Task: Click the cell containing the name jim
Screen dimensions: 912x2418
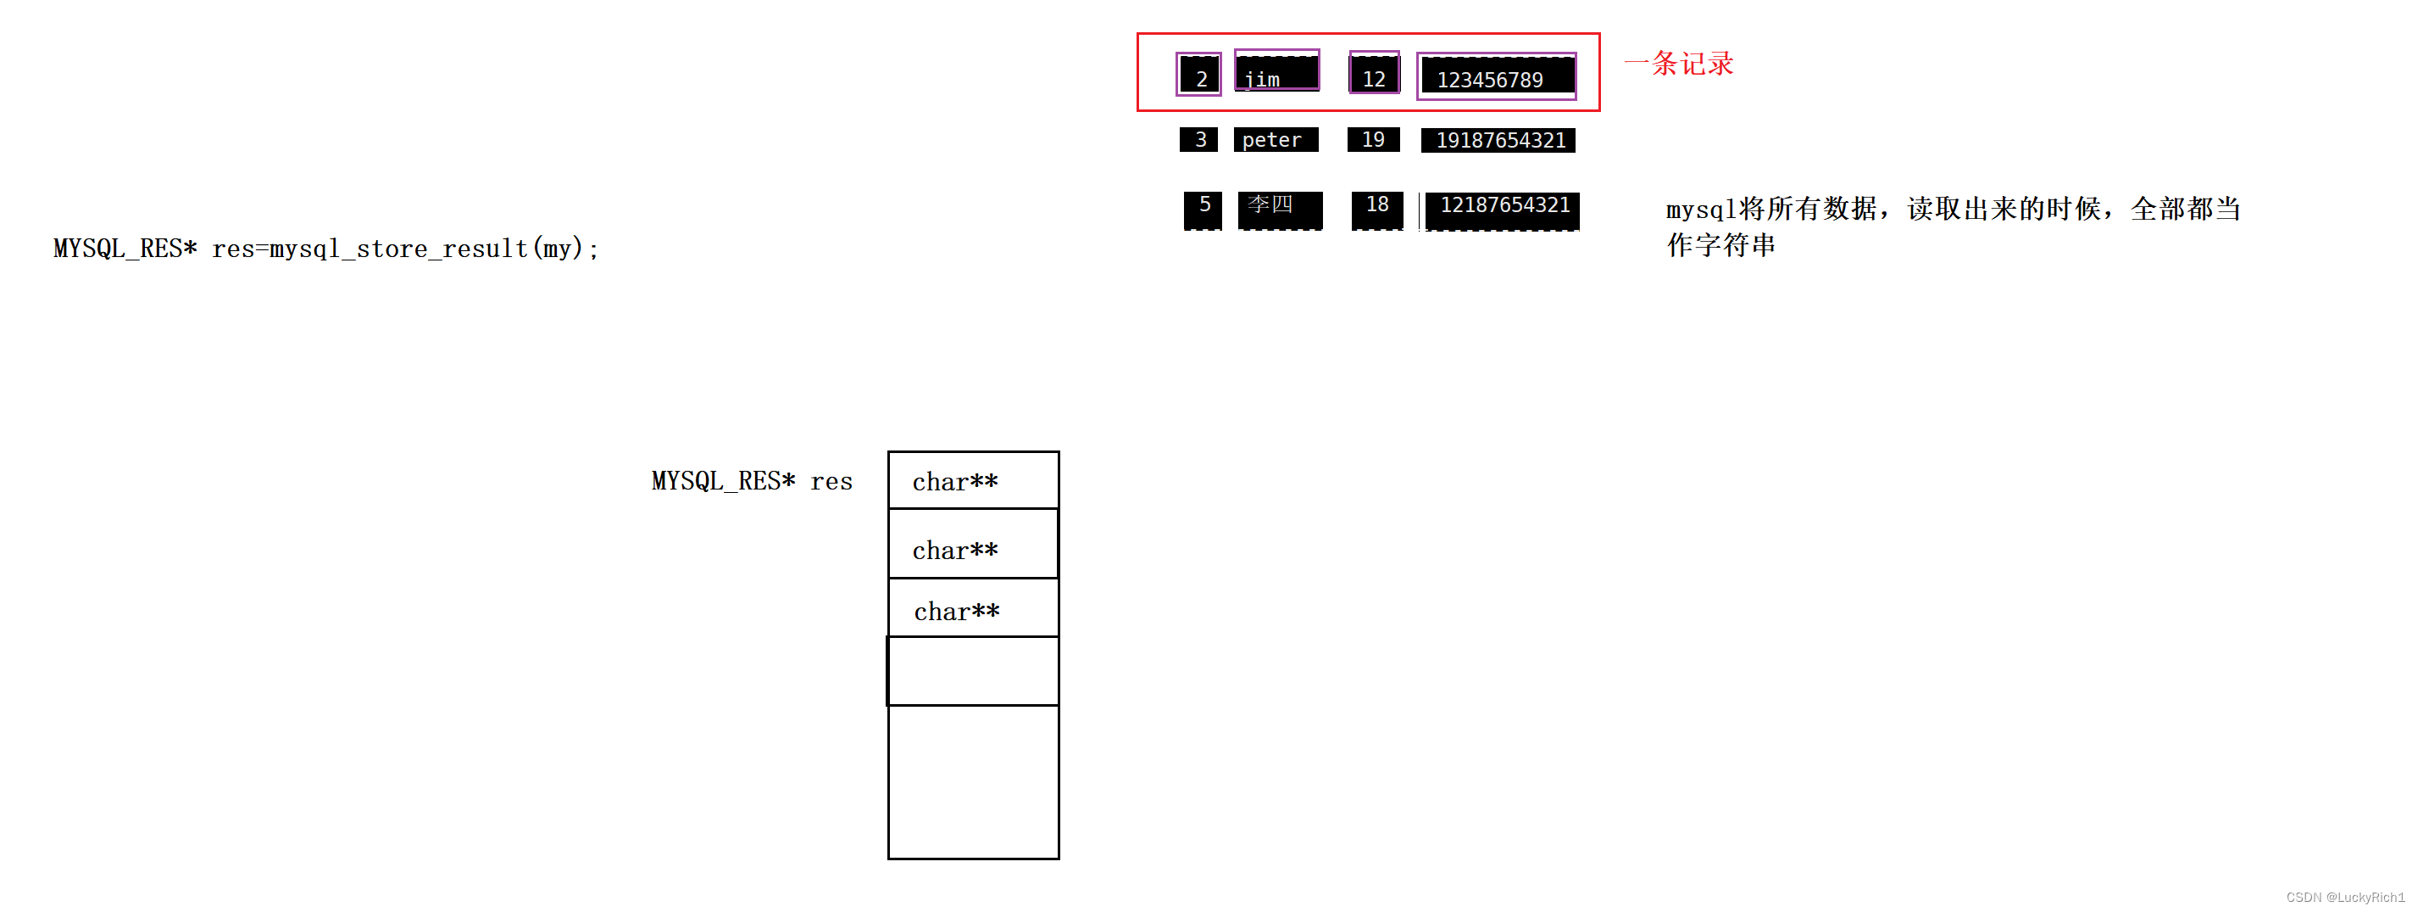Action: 1276,72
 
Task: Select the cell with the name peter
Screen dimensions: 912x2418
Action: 1275,140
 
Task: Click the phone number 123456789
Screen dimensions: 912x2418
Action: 1496,77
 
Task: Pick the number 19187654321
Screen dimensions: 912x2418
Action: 1498,140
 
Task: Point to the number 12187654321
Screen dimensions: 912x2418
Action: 1502,209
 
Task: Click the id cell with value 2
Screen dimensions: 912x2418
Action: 1198,76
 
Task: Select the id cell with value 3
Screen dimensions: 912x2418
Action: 1198,140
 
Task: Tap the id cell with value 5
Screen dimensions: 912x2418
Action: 1203,208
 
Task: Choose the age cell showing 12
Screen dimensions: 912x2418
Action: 1373,74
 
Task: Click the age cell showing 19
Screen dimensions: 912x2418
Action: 1372,140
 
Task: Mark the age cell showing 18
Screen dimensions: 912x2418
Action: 1376,208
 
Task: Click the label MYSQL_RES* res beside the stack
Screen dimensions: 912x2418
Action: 751,482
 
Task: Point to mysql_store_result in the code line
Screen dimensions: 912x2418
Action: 398,249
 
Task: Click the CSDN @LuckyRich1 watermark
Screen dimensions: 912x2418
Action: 2344,898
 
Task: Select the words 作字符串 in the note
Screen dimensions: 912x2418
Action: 1720,246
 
